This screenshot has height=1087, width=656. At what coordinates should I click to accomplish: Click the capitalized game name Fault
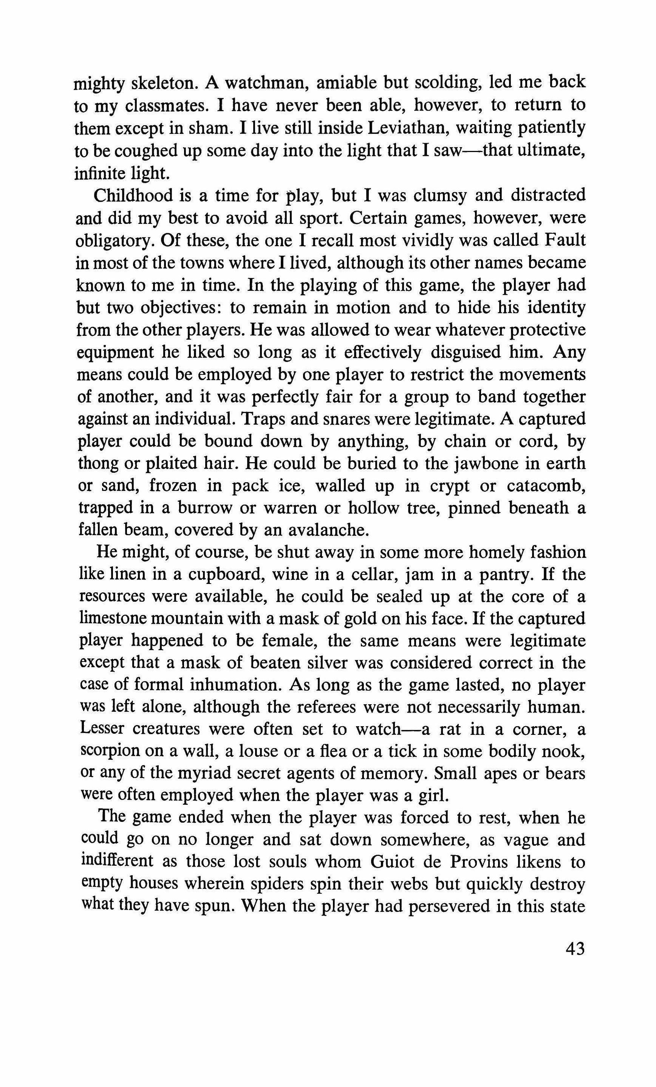coord(565,241)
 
